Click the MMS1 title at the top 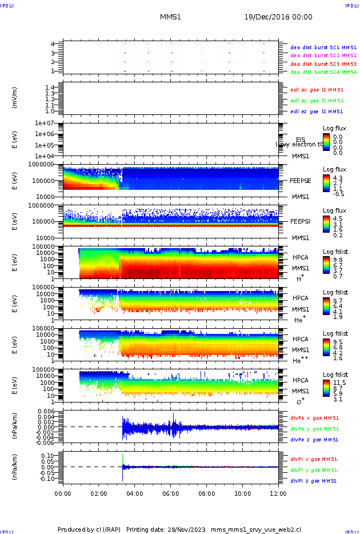[x=170, y=17]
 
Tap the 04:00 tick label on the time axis [x=135, y=493]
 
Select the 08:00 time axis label [x=207, y=493]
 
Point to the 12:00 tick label [x=278, y=493]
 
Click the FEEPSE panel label [x=301, y=181]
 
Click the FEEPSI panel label [x=301, y=221]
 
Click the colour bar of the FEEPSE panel [x=326, y=182]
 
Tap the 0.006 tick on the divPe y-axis [x=45, y=412]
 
